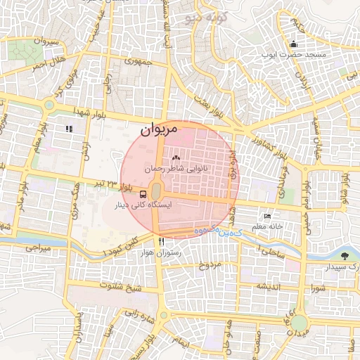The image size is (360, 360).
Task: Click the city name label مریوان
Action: coord(155,129)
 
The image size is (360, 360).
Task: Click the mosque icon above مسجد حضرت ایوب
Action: coord(293,44)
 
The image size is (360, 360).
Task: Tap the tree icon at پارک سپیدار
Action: coord(345,256)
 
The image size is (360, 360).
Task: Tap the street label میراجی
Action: coord(39,248)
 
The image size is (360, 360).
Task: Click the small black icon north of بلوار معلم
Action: coord(69,129)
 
